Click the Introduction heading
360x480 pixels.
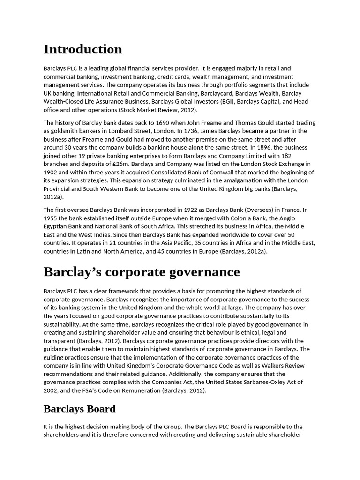pyautogui.click(x=82, y=49)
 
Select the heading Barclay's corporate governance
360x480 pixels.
pyautogui.click(x=142, y=272)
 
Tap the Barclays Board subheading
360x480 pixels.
pyautogui.click(x=79, y=409)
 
